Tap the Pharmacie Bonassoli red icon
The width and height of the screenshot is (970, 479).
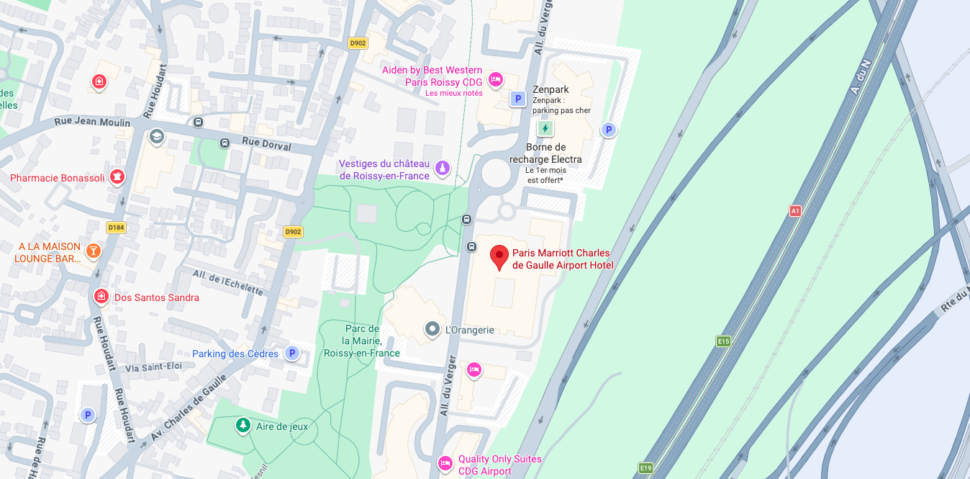click(117, 176)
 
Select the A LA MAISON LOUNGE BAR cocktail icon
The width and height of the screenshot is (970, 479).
click(93, 251)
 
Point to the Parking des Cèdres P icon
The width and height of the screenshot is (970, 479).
click(291, 353)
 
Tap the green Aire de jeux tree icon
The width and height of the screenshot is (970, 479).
click(243, 426)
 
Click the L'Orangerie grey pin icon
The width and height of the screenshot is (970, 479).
click(432, 330)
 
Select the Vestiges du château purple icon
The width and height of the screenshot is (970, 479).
click(443, 169)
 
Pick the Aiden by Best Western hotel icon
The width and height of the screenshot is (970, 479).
click(495, 79)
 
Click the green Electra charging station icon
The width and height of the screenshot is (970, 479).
click(545, 128)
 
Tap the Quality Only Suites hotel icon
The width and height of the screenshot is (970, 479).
click(445, 462)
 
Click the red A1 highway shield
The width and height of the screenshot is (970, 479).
click(795, 211)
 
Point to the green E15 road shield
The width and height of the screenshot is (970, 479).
click(724, 341)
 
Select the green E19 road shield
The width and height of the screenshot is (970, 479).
click(645, 468)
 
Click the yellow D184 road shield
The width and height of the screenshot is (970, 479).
click(116, 228)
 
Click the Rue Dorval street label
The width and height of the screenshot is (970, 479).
click(266, 145)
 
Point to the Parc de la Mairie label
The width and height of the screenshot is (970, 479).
click(362, 341)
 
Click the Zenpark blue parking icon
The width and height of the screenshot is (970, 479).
click(517, 99)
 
